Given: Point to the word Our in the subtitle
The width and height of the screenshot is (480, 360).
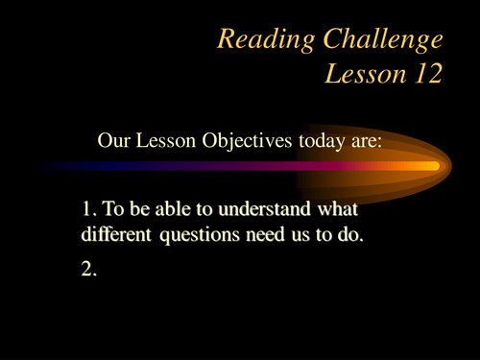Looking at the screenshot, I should [113, 140].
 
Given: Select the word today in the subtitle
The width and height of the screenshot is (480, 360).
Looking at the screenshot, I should [305, 140].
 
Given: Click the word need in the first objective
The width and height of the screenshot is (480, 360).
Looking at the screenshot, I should [268, 234].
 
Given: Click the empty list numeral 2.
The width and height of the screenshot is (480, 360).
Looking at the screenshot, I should [89, 271].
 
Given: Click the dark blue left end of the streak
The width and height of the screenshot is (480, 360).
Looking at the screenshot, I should [48, 166].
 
